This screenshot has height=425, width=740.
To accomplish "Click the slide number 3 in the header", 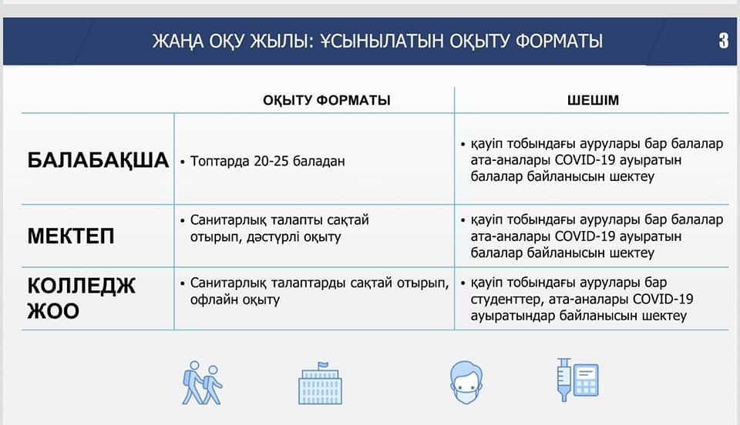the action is [x=724, y=41].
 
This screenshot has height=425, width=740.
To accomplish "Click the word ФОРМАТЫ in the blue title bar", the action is [x=559, y=42].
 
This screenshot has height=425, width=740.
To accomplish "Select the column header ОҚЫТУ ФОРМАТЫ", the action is [x=327, y=100].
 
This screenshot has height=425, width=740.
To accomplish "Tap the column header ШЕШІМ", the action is [x=593, y=100].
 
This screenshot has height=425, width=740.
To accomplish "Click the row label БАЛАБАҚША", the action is [x=98, y=160].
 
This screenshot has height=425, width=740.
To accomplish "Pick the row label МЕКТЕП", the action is [x=71, y=236].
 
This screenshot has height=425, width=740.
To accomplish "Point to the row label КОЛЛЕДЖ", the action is [x=82, y=286].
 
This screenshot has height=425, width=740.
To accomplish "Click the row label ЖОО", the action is [x=53, y=311].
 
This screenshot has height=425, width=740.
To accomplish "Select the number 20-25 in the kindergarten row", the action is [x=271, y=161].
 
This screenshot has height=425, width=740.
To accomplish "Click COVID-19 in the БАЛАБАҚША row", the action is [x=585, y=159].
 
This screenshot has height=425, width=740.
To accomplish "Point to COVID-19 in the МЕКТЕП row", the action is [x=585, y=236].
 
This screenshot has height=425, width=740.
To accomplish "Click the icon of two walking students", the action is [x=202, y=383].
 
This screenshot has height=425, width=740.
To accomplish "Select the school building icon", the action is [x=320, y=383].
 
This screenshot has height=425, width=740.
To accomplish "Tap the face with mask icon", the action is [x=466, y=383].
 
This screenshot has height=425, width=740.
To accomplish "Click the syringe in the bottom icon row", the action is [x=563, y=380].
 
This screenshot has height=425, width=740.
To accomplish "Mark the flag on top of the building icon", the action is [x=323, y=365].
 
